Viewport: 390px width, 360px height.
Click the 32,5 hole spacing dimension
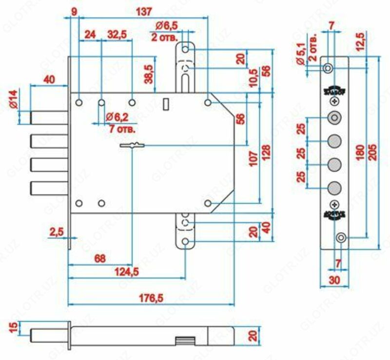coord(117,35)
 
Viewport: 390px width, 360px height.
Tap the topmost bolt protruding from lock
coord(48,117)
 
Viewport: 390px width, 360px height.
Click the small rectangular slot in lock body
coord(166,103)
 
